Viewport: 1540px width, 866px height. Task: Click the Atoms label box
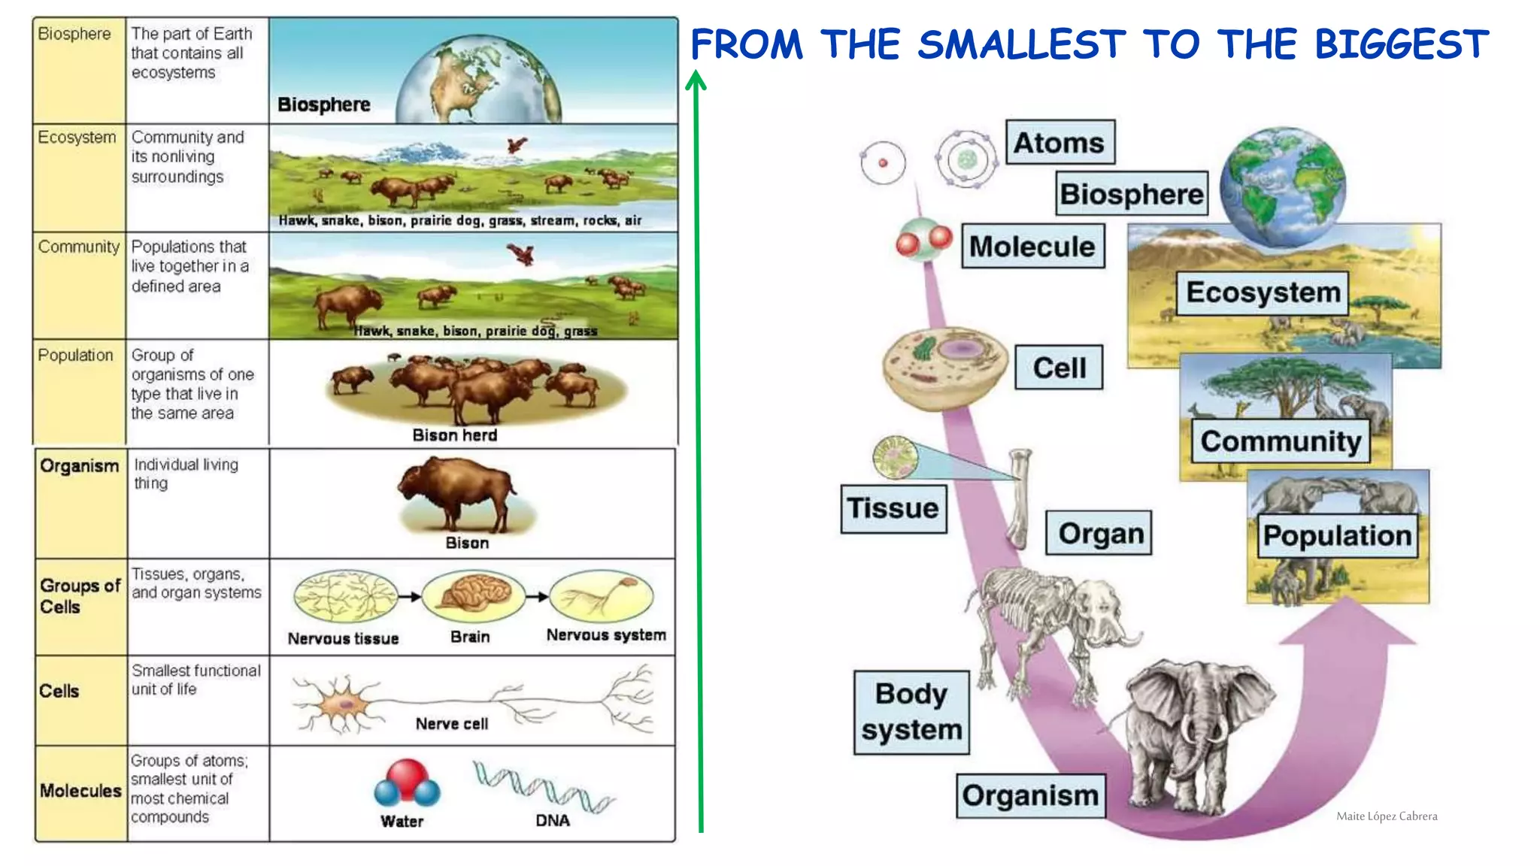click(1060, 142)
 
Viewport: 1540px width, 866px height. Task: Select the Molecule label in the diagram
click(1032, 246)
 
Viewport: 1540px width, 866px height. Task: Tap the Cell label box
click(1059, 368)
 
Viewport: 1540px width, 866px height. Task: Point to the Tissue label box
click(893, 508)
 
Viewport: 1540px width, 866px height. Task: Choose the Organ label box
click(1099, 533)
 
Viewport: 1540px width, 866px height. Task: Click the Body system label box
click(911, 712)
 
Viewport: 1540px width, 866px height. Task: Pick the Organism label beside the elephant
click(1030, 795)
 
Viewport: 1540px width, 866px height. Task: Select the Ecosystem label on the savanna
click(1263, 292)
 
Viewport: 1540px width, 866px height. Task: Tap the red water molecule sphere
click(407, 777)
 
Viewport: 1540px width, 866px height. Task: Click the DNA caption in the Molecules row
click(552, 821)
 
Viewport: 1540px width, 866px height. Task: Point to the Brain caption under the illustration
click(470, 637)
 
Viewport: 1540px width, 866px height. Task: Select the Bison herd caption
click(454, 435)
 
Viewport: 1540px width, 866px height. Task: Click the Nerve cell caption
click(451, 724)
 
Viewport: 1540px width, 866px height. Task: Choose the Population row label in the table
click(75, 355)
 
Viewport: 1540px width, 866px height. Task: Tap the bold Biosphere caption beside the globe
click(323, 104)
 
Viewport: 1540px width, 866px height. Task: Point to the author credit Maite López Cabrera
click(1386, 816)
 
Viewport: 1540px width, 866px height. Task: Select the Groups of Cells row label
click(79, 596)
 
